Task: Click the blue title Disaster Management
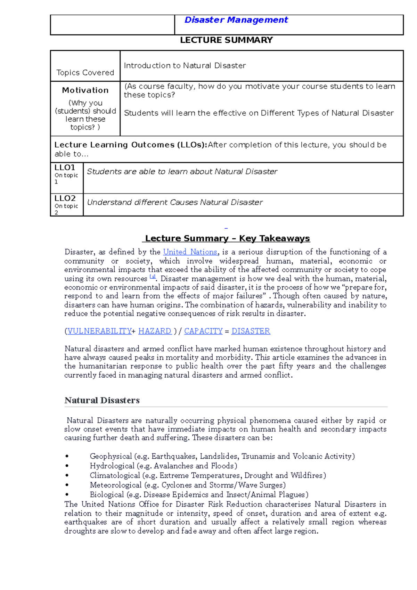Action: click(236, 20)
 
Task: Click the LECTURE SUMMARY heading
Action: click(226, 40)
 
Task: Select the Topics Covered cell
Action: click(85, 73)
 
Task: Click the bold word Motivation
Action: click(85, 90)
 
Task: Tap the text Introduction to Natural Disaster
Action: click(185, 66)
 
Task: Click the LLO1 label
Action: click(65, 167)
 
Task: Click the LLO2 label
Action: click(65, 198)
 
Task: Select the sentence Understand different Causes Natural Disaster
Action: click(175, 202)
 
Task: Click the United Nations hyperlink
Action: click(190, 252)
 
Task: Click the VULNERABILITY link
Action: click(99, 331)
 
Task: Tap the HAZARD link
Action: click(155, 331)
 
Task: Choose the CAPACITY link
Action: click(203, 331)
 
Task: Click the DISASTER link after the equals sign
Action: click(251, 331)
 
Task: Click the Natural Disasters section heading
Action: click(102, 400)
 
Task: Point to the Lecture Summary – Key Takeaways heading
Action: click(227, 238)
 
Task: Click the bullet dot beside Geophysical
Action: click(67, 456)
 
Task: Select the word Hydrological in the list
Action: click(112, 466)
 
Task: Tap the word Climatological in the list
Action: click(115, 475)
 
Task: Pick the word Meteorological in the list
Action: click(116, 485)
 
